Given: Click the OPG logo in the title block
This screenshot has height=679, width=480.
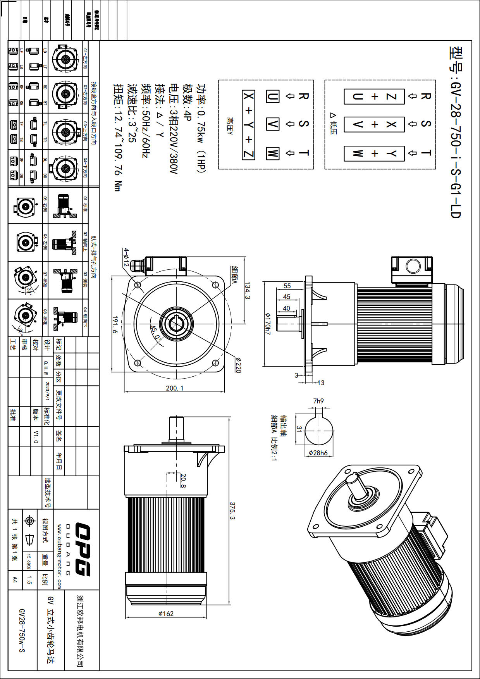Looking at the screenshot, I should [x=82, y=549].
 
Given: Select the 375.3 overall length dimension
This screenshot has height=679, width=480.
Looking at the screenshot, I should [x=232, y=511].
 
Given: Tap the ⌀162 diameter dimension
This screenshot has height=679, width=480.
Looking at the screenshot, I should [x=166, y=614].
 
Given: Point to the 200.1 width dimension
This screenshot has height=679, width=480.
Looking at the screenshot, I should [x=175, y=388].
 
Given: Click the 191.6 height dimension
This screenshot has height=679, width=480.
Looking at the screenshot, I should [x=115, y=324].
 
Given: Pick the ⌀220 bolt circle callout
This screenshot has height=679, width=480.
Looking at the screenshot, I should [x=238, y=365].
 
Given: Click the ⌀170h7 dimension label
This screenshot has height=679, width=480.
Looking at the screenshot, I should [x=267, y=324].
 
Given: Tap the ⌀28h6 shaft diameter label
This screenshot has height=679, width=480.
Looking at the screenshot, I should [x=318, y=453].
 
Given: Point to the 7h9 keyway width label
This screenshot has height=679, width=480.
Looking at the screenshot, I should [x=318, y=401].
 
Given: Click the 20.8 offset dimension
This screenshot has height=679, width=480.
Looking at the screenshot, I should [x=183, y=481].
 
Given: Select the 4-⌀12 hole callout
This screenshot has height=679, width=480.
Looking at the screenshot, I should [x=126, y=257].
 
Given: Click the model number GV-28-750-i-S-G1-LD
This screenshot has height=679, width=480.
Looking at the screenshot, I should [x=456, y=132].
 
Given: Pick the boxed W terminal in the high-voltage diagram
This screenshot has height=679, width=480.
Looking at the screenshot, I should [x=272, y=153].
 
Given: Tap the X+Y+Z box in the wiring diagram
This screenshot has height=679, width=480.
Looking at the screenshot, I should [x=248, y=125].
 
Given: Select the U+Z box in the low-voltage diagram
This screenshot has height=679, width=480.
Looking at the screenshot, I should [x=374, y=97].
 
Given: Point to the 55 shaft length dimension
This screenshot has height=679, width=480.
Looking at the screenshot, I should [x=287, y=286].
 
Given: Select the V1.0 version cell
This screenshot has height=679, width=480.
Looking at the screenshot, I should [x=36, y=436].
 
